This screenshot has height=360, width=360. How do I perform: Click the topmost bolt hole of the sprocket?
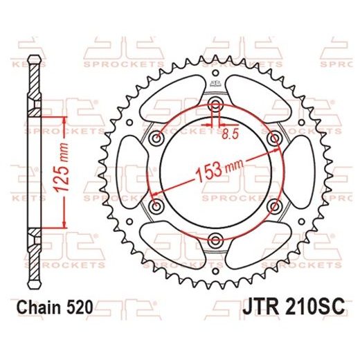[215, 105]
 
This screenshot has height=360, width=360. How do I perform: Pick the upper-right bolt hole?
[274, 138]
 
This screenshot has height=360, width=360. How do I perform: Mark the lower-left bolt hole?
[157, 206]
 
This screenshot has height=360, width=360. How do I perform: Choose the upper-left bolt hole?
[157, 138]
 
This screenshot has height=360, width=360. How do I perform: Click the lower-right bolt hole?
[274, 206]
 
